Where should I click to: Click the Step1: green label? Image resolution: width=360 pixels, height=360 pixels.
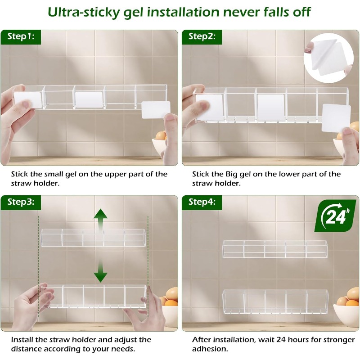point(21,37)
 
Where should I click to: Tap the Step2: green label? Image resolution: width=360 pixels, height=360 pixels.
point(202,37)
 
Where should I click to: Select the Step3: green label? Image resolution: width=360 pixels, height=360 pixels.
point(21,202)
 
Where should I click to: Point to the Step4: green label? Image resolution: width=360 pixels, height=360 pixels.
point(202,202)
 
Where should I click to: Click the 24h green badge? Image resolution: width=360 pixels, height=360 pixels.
point(335,216)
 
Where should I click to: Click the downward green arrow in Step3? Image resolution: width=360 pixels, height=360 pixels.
point(100,271)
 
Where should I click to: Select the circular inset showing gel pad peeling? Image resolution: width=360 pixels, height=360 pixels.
point(328,58)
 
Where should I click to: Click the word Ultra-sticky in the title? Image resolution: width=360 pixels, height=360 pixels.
point(84,12)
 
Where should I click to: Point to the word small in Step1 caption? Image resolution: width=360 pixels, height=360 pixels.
point(54,174)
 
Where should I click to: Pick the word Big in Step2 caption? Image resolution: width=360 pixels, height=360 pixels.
point(231,175)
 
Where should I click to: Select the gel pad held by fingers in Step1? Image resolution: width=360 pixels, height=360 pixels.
point(156,110)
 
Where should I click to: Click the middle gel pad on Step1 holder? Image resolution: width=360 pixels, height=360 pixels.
point(89,99)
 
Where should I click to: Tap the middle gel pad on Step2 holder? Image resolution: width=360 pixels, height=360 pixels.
point(271,108)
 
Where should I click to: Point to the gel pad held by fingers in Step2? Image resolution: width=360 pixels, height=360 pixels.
point(336,118)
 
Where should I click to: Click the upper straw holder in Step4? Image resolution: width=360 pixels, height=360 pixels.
point(275,249)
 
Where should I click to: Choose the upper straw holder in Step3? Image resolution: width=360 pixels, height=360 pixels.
point(94,238)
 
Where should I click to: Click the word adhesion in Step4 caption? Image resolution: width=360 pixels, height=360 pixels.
point(210,349)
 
